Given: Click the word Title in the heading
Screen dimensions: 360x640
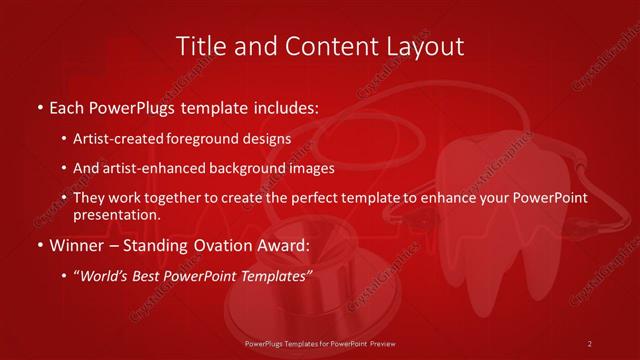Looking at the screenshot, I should coord(200,46).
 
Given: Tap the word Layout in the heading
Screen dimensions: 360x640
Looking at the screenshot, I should coord(427,46).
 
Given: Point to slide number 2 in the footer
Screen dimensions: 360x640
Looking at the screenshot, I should coord(590,343).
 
